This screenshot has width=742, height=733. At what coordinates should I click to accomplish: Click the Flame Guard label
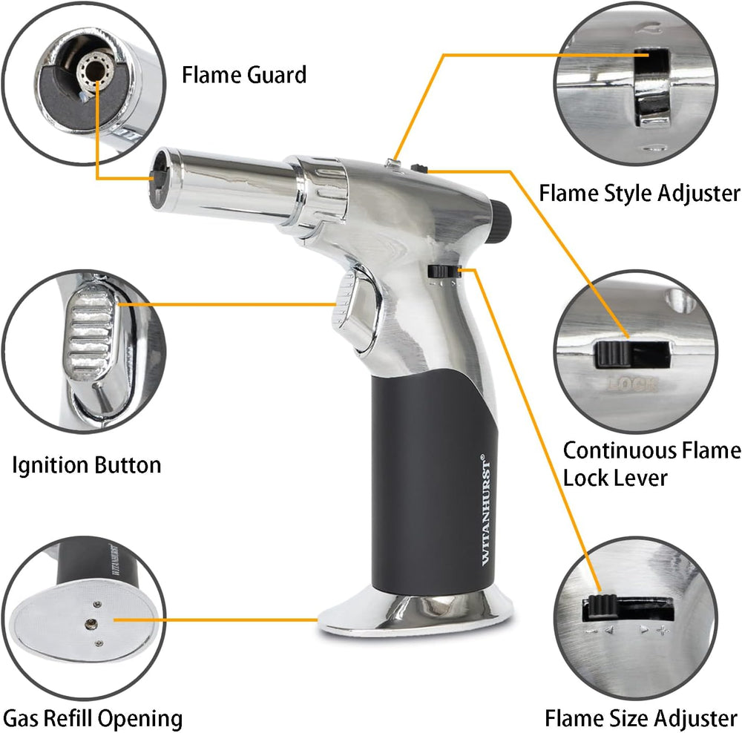tap(244, 75)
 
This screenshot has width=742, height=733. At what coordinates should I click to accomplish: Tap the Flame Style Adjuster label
tap(640, 193)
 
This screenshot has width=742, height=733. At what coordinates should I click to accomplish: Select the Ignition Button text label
tap(87, 464)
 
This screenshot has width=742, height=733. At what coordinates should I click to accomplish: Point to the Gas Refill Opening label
tap(93, 718)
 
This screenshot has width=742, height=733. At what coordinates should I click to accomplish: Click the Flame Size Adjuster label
tap(641, 718)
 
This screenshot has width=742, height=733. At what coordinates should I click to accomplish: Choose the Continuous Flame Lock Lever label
tap(651, 464)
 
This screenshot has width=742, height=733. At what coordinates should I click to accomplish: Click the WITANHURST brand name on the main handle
tap(485, 510)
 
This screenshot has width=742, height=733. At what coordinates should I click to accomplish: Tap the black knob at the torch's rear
tap(500, 217)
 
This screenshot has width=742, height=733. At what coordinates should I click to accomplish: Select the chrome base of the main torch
tap(416, 612)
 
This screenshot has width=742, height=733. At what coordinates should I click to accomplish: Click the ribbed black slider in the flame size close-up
tap(602, 606)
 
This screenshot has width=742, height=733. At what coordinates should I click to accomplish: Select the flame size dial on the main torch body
tap(444, 272)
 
